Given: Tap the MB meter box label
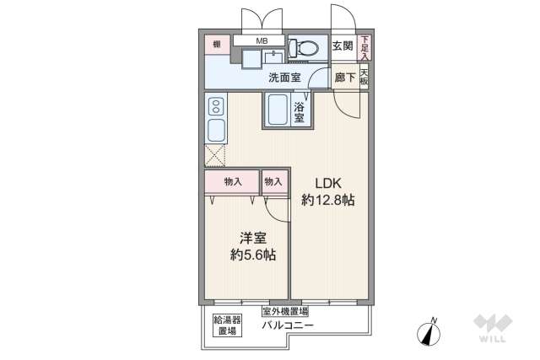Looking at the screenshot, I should click(x=261, y=40).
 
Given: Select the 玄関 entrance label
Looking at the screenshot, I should click(x=342, y=46).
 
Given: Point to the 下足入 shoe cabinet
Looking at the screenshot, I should click(x=364, y=46).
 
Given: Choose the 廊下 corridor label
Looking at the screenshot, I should click(x=343, y=78).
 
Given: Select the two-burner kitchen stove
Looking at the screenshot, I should click(x=215, y=106).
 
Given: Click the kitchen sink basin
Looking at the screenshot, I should click(x=215, y=131).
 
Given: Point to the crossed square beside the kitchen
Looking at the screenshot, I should click(x=215, y=156).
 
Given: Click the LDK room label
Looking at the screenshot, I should click(x=328, y=183).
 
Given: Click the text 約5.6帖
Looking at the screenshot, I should click(x=254, y=255).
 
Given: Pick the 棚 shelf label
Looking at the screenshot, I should click(x=217, y=43).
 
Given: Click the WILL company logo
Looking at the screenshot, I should click(x=493, y=329).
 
